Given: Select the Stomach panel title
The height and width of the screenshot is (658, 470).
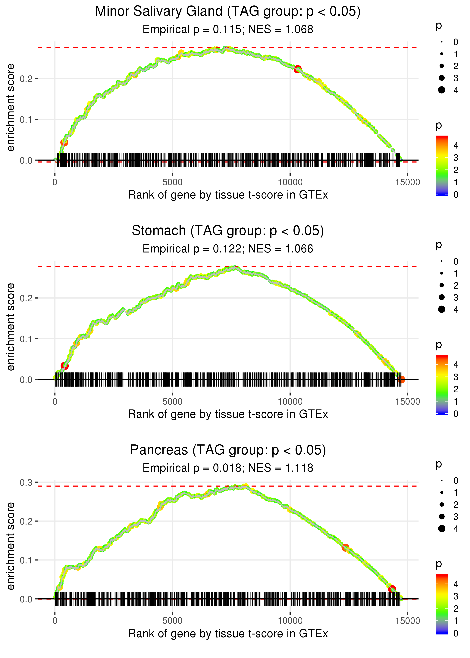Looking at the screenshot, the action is (x=228, y=231).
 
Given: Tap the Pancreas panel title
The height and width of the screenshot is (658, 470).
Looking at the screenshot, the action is (x=228, y=450).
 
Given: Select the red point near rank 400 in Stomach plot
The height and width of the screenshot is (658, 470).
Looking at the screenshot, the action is (x=64, y=366).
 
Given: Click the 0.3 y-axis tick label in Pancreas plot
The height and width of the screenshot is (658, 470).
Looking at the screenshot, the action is (x=26, y=483).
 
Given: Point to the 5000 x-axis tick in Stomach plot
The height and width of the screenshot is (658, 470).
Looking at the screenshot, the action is (x=172, y=402).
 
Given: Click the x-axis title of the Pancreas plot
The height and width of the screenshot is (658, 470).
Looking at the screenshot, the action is (x=228, y=634).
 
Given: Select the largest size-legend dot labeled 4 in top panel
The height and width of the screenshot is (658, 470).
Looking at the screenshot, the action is (x=442, y=90).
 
